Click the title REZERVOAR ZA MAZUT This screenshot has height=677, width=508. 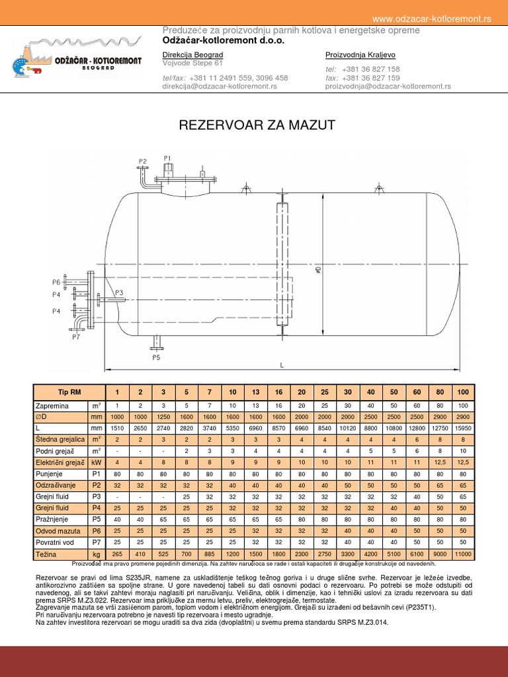(258, 125)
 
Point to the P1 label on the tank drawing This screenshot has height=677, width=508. (167, 158)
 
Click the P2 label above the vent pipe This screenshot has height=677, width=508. (142, 161)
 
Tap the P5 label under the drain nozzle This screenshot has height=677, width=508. (156, 358)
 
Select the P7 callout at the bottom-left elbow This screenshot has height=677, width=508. (76, 337)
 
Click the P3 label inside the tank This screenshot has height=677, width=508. (119, 292)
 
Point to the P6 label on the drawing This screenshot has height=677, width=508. (57, 282)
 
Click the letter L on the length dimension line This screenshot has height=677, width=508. (282, 365)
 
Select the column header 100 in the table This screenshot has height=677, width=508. (462, 392)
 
